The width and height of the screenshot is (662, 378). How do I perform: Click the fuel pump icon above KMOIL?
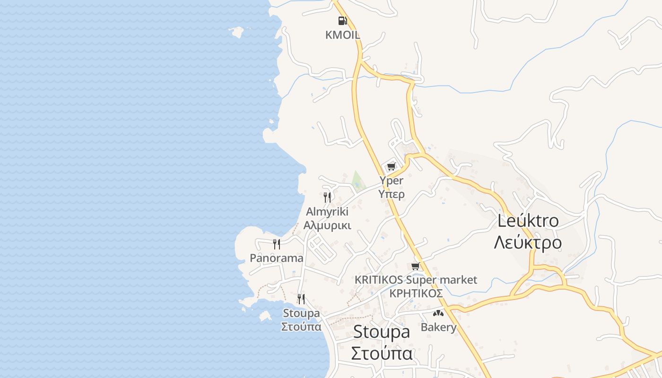tap(342, 20)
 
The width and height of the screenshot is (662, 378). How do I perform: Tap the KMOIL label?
tap(342, 34)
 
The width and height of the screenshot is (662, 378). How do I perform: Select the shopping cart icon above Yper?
tap(391, 166)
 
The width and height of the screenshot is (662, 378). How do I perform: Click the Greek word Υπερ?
tap(392, 194)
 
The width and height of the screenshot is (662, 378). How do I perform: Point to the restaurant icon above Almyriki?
tap(327, 197)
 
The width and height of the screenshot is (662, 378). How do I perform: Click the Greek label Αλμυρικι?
tap(327, 225)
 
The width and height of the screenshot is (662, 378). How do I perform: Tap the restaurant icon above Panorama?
tap(277, 244)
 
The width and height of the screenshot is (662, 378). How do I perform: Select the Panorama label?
tap(277, 258)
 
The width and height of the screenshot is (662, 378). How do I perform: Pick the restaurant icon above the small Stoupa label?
tap(301, 299)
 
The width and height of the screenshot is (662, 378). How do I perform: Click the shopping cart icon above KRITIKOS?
tap(416, 266)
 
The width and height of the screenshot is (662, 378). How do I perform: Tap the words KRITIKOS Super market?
tap(416, 280)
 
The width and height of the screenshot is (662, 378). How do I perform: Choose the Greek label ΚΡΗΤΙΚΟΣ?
tap(416, 293)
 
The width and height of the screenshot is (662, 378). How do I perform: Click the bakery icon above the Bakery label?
tap(438, 313)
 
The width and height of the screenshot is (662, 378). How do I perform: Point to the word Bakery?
tap(438, 327)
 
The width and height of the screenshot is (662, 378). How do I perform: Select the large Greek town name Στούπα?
tap(382, 353)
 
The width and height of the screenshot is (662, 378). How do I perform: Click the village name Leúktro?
tap(528, 221)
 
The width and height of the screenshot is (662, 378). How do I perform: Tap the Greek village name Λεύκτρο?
tap(528, 242)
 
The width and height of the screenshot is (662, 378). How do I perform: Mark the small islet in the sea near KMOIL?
tap(236, 32)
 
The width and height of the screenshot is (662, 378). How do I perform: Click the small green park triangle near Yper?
tap(357, 180)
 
